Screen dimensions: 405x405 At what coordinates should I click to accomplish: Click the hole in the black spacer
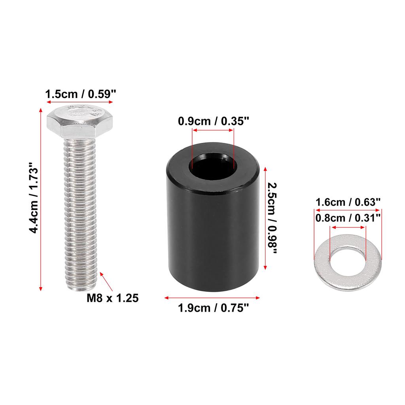click(x=213, y=165)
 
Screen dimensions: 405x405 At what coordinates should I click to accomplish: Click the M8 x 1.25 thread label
click(x=113, y=298)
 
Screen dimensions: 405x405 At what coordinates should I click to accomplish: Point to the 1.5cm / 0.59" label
click(x=81, y=94)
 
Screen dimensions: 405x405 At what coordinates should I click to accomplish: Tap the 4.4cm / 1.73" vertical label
click(x=34, y=198)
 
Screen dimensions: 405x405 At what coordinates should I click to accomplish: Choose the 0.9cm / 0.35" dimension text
click(x=213, y=121)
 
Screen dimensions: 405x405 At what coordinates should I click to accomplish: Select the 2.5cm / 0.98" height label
click(x=272, y=218)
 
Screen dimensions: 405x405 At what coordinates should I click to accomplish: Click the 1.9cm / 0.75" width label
click(x=213, y=308)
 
